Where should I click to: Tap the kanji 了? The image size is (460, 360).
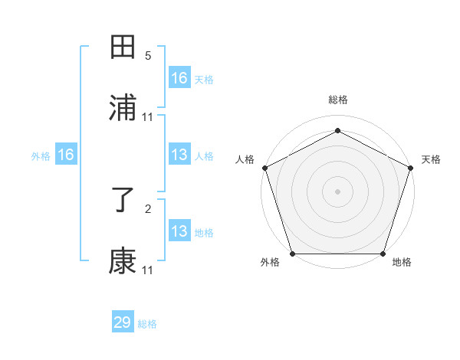point(123,201)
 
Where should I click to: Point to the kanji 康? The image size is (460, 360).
point(123,261)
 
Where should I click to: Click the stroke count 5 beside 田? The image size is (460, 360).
point(148,56)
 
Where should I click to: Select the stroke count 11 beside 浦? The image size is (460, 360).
point(148,116)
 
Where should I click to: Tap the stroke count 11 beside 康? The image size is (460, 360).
point(148,270)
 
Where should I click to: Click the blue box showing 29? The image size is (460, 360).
point(123,322)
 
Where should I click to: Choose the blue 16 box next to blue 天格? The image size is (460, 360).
point(179,78)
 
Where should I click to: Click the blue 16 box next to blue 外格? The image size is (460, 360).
point(66,155)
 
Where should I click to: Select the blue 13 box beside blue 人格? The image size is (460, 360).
point(179,155)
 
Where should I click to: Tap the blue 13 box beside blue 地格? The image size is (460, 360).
point(179,231)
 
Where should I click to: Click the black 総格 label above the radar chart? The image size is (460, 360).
point(338,100)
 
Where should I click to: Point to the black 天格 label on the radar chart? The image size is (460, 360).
point(432,159)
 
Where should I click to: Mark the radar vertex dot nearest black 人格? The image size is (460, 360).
point(264,168)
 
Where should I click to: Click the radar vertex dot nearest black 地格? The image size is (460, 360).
point(383,254)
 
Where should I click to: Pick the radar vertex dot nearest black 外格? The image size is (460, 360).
point(293,254)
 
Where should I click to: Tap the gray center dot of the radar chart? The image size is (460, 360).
point(338,191)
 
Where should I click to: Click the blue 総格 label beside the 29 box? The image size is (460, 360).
point(148,324)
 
